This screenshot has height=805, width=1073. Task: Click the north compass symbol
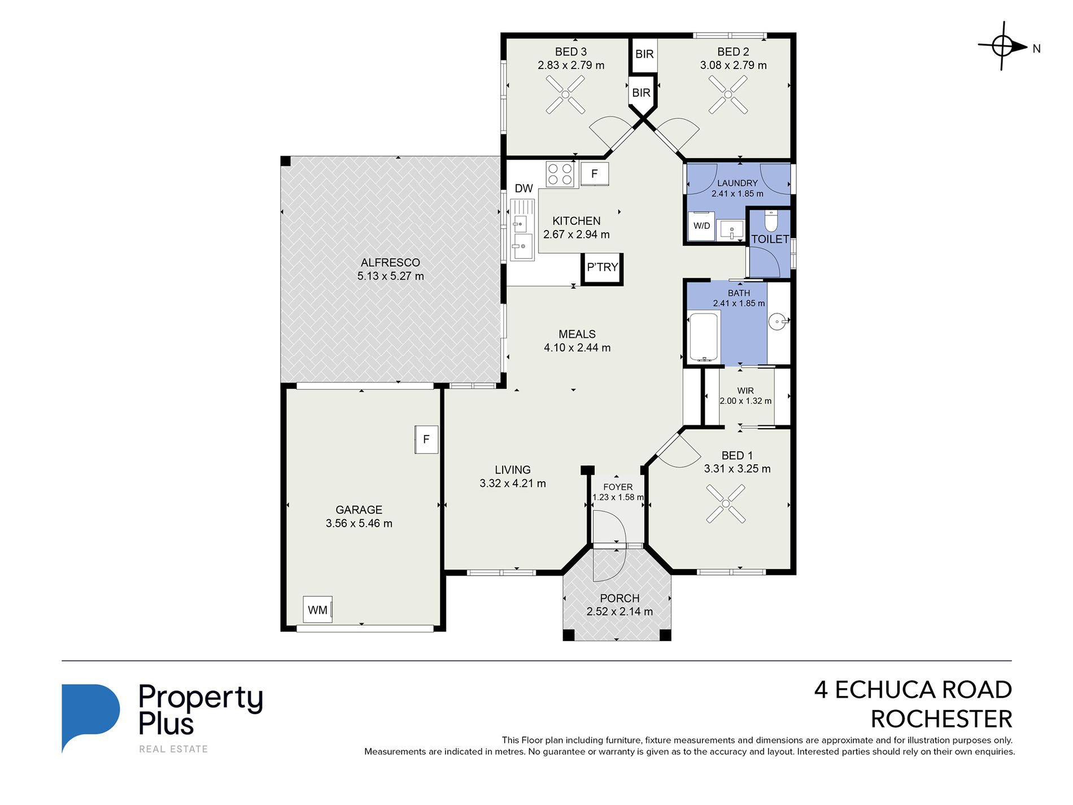click(x=1002, y=46)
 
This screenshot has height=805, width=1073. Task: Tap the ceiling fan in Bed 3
click(x=565, y=94)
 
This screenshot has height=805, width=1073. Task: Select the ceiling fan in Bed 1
click(x=726, y=503)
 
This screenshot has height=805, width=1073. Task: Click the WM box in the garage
click(x=318, y=610)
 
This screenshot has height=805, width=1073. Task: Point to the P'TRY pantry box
click(x=602, y=268)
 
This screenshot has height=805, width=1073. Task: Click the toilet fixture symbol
click(x=771, y=220)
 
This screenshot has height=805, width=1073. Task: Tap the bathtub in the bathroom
click(x=703, y=337)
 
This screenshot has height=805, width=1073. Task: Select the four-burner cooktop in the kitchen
click(x=560, y=174)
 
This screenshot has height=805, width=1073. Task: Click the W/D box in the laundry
click(x=701, y=226)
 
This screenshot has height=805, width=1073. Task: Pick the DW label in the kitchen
click(x=524, y=189)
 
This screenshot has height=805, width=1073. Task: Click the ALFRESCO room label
click(x=390, y=263)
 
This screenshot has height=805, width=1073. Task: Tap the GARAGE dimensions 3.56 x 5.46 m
click(x=359, y=524)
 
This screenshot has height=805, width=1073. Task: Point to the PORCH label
click(x=620, y=598)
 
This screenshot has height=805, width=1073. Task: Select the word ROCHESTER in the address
click(x=941, y=719)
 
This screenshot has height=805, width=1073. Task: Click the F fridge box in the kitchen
click(x=594, y=174)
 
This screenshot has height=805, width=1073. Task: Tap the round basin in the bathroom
click(x=778, y=322)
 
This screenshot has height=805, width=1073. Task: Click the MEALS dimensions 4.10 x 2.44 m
click(x=577, y=348)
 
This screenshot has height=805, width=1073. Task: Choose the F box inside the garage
click(x=426, y=440)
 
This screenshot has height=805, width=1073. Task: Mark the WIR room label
click(x=745, y=391)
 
